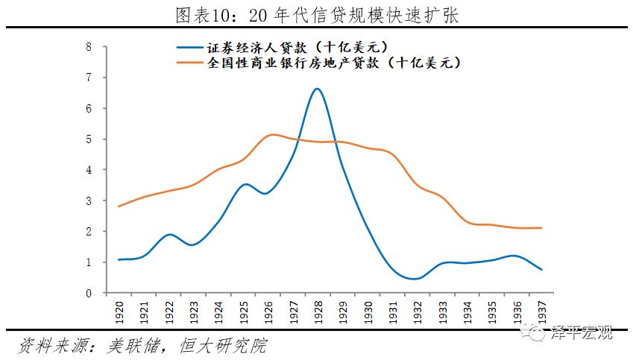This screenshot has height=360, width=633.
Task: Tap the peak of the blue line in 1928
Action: [317, 89]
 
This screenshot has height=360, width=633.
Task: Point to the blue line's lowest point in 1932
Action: [416, 279]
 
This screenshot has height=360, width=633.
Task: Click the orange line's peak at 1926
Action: [273, 134]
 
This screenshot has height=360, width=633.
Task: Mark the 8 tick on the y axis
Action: [89, 46]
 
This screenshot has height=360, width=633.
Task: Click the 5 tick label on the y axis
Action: [89, 139]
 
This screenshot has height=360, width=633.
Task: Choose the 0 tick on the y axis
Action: [89, 293]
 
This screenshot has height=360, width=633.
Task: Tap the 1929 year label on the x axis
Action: [343, 310]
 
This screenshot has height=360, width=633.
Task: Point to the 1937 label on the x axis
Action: [541, 310]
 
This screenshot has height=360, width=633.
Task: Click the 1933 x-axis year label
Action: [442, 310]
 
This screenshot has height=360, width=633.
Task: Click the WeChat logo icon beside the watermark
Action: [538, 333]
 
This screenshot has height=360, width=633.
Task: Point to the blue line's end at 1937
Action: [541, 269]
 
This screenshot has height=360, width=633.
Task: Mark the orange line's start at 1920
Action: [119, 206]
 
